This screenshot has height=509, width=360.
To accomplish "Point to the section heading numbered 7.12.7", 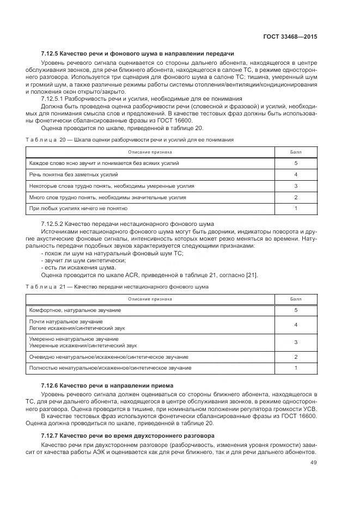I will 127,436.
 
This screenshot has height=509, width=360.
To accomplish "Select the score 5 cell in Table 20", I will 296,163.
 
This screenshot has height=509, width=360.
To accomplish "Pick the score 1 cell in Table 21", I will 296,369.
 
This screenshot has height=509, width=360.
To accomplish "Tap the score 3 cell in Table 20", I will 296,186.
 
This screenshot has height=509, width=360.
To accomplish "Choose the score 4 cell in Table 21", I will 296,325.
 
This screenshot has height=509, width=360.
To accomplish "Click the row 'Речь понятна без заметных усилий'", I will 74,175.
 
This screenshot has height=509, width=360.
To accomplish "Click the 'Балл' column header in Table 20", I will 296,152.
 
